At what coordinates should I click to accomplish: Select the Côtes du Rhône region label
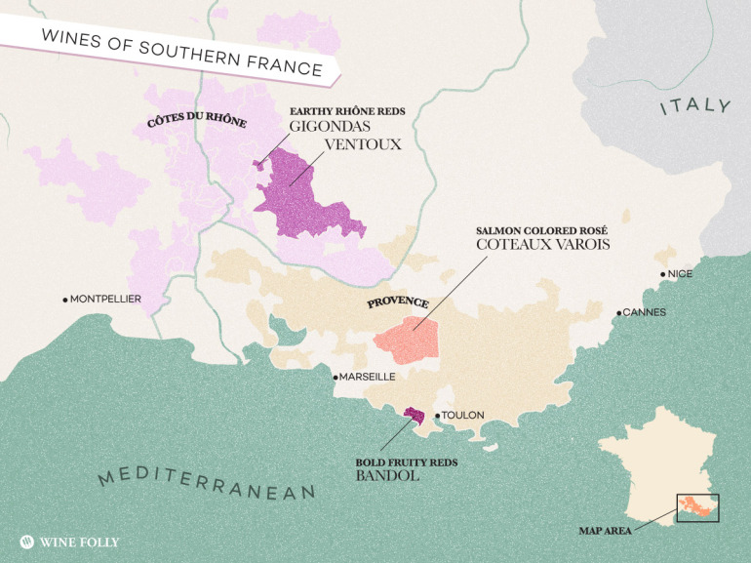196,122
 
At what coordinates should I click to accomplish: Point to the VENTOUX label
363,143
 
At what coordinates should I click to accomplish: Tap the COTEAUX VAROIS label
542,244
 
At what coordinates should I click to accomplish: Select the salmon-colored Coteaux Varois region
410,338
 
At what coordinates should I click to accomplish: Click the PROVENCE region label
397,302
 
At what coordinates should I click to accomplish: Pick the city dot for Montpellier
65,299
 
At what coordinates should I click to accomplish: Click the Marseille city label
368,376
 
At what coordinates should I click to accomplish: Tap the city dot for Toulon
437,415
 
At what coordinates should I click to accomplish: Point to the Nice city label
680,274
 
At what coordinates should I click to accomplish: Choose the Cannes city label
643,312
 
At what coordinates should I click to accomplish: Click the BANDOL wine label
387,476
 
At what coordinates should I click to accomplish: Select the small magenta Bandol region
415,416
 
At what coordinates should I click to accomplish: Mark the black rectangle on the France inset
696,508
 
